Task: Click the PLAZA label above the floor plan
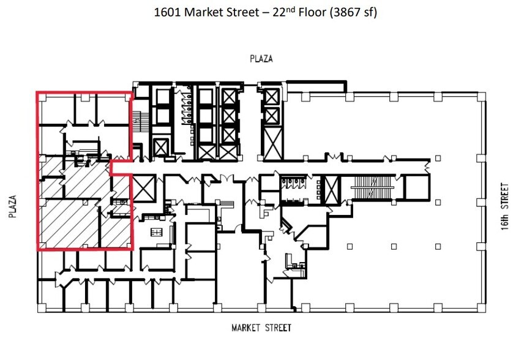[261, 59]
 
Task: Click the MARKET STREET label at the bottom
[261, 328]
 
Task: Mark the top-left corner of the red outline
[37, 93]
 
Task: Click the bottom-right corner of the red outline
[132, 250]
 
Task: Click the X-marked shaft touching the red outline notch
[144, 187]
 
